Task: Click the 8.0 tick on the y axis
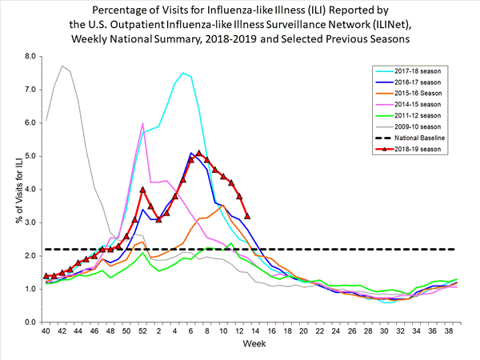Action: pyautogui.click(x=30, y=57)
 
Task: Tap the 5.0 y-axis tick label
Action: pyautogui.click(x=30, y=156)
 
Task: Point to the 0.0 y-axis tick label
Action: pyautogui.click(x=30, y=322)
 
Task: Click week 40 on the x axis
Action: pyautogui.click(x=47, y=331)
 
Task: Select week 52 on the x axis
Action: pyautogui.click(x=142, y=331)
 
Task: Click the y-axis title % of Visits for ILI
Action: pyautogui.click(x=11, y=189)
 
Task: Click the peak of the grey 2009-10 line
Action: pyautogui.click(x=62, y=66)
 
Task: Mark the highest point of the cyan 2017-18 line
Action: pyautogui.click(x=183, y=73)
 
